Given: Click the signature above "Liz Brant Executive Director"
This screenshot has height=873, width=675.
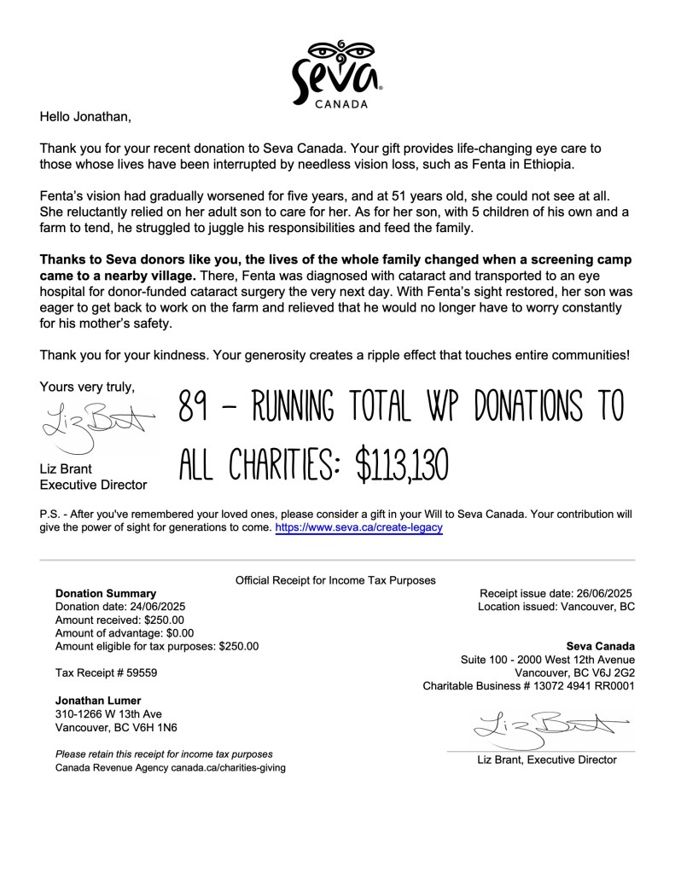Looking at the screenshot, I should (x=96, y=427).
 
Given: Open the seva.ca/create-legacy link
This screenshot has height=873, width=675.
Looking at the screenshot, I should (x=358, y=528).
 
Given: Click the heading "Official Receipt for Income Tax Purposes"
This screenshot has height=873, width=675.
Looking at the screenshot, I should (x=335, y=580).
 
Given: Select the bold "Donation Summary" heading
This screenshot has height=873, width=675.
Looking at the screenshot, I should (x=106, y=593).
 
